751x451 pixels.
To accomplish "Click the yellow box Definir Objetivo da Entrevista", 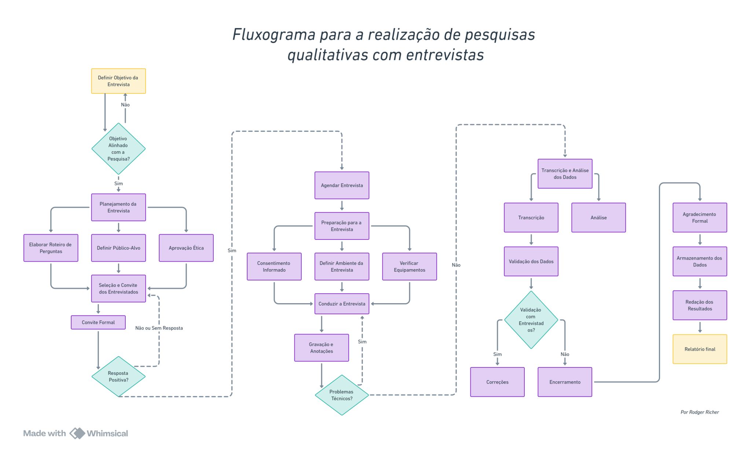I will coord(118,81).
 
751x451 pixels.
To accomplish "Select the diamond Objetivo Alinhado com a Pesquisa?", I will coord(118,148).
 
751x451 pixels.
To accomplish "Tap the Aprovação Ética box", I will coord(186,248).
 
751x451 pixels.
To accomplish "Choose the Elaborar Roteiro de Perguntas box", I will coord(51,248).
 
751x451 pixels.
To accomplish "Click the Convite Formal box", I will coord(98,322).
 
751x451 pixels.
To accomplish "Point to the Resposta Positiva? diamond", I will coord(118,377).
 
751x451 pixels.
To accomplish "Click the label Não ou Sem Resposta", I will coord(159,328).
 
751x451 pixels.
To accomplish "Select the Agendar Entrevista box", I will coord(342,186).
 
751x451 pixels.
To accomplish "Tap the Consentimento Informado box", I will coord(274,267).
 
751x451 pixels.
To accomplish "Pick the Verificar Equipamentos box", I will coord(409,267).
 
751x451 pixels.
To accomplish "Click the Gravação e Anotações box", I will coord(321,348).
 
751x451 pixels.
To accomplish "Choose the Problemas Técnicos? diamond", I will coord(342,395).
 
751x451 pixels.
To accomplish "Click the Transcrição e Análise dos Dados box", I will coord(565,174).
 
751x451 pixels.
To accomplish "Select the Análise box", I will coord(598,217).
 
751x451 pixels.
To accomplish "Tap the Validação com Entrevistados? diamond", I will coord(531,320).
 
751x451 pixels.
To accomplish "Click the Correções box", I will coord(497,382).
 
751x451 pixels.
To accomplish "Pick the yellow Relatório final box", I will coord(700,349).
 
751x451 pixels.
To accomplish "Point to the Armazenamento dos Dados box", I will coord(700,261).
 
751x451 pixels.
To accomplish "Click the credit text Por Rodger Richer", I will coord(700,412).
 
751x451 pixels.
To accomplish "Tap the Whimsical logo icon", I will coord(77,433).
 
